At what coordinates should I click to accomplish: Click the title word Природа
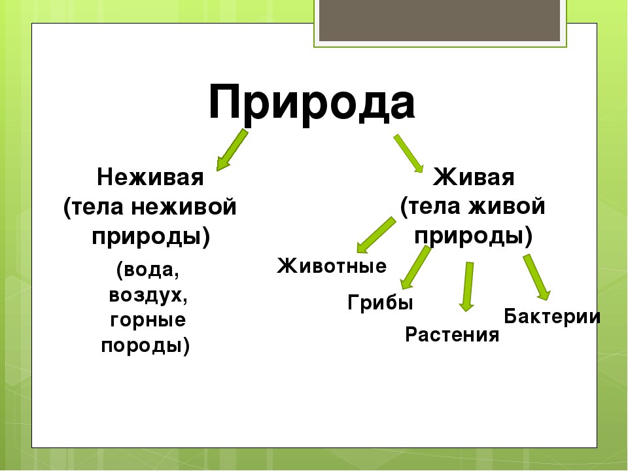(311, 103)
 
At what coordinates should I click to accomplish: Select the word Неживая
(150, 177)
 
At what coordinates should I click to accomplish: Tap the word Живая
(474, 177)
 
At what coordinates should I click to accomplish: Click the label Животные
(332, 266)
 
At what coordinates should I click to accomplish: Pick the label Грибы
(380, 302)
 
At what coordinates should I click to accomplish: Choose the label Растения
(452, 334)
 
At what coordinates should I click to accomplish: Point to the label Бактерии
(552, 317)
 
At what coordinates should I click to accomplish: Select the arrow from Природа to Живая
(408, 154)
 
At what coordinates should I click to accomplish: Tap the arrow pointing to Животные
(375, 235)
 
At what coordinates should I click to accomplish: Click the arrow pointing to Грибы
(415, 268)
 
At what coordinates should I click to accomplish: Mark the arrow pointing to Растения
(467, 287)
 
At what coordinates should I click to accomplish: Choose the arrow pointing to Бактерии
(536, 277)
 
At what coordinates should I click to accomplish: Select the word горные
(148, 320)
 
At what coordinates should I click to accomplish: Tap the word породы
(141, 345)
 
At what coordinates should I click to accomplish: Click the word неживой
(184, 207)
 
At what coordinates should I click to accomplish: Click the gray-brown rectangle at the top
(440, 20)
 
